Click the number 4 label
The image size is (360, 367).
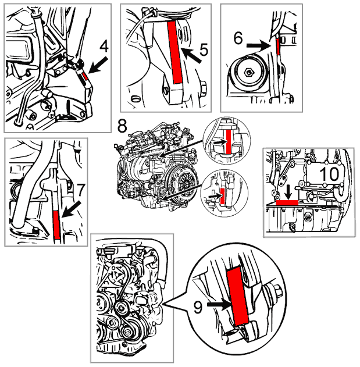(x=104, y=45)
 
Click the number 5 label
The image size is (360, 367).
(x=203, y=51)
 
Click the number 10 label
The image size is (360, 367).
(x=330, y=174)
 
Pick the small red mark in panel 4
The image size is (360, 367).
(x=85, y=74)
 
